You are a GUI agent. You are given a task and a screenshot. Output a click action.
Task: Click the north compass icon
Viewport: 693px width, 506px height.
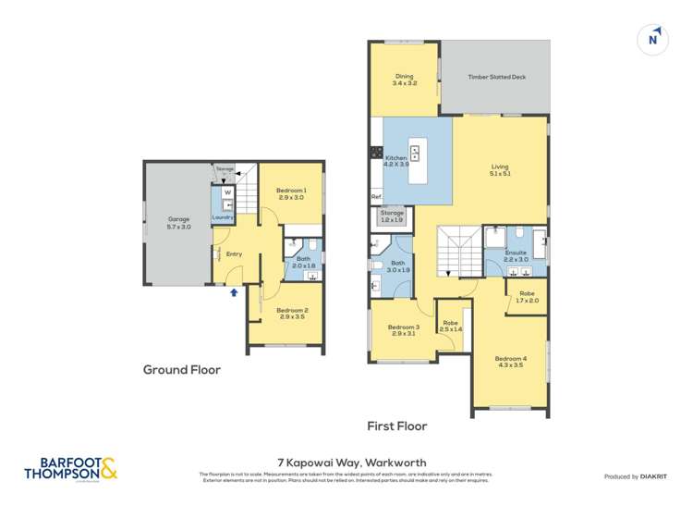[x=653, y=39]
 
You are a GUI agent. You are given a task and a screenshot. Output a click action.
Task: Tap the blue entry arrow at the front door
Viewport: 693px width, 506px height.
[x=233, y=291]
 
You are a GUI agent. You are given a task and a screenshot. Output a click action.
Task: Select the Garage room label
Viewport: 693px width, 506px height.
[x=178, y=222]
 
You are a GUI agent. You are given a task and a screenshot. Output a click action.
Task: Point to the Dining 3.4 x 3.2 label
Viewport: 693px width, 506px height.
[x=405, y=80]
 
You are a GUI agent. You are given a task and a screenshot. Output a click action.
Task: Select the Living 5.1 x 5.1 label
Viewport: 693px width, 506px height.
[x=499, y=170]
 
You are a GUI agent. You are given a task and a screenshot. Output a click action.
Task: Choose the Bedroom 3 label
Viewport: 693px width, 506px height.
[x=404, y=330]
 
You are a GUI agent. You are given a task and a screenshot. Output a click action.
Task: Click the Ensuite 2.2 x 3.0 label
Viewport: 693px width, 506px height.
[x=516, y=255]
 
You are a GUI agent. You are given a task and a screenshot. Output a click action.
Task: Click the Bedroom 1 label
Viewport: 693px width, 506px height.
[x=291, y=193]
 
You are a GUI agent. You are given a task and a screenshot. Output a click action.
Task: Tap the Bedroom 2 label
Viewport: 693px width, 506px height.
[x=291, y=313]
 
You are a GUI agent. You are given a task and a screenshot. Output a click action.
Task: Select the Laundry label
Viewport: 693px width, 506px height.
[x=223, y=217]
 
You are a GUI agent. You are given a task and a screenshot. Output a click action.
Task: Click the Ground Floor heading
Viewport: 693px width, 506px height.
[x=181, y=369]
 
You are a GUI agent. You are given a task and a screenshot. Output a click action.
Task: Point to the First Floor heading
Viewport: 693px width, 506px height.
[x=396, y=426]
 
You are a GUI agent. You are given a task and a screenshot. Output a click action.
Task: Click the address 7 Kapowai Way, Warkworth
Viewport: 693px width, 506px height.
[x=346, y=462]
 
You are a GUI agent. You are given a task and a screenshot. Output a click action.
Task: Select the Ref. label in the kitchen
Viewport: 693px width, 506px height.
[x=376, y=197]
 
